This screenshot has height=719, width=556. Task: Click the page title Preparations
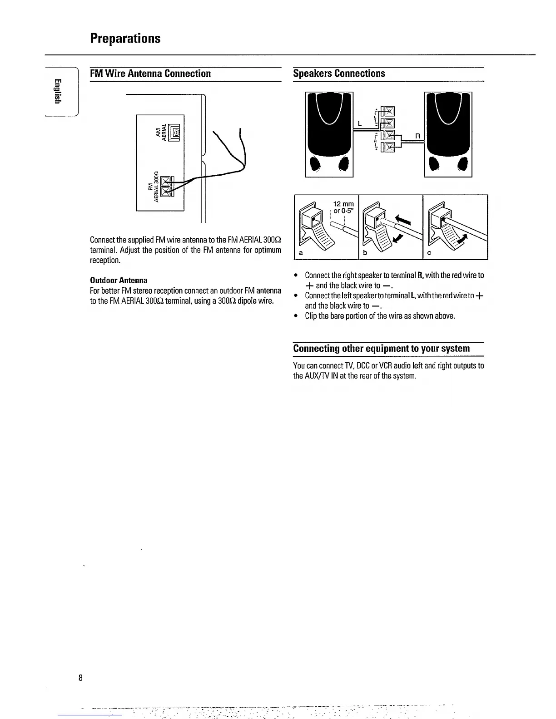(125, 38)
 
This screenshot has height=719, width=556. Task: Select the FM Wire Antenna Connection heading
(150, 74)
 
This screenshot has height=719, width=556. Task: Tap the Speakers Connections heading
(339, 74)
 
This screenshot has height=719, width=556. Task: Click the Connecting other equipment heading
(381, 349)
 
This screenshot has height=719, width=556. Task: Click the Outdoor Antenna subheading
(119, 280)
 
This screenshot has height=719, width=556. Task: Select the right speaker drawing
(448, 134)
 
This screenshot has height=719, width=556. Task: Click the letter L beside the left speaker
(359, 123)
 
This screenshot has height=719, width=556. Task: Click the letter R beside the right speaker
(417, 136)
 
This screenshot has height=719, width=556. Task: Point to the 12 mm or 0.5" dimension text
(343, 207)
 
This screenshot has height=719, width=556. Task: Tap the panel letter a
(301, 253)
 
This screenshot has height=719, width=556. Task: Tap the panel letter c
(429, 253)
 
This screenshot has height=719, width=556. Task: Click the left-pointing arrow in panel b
(404, 221)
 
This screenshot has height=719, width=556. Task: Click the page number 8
(80, 678)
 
